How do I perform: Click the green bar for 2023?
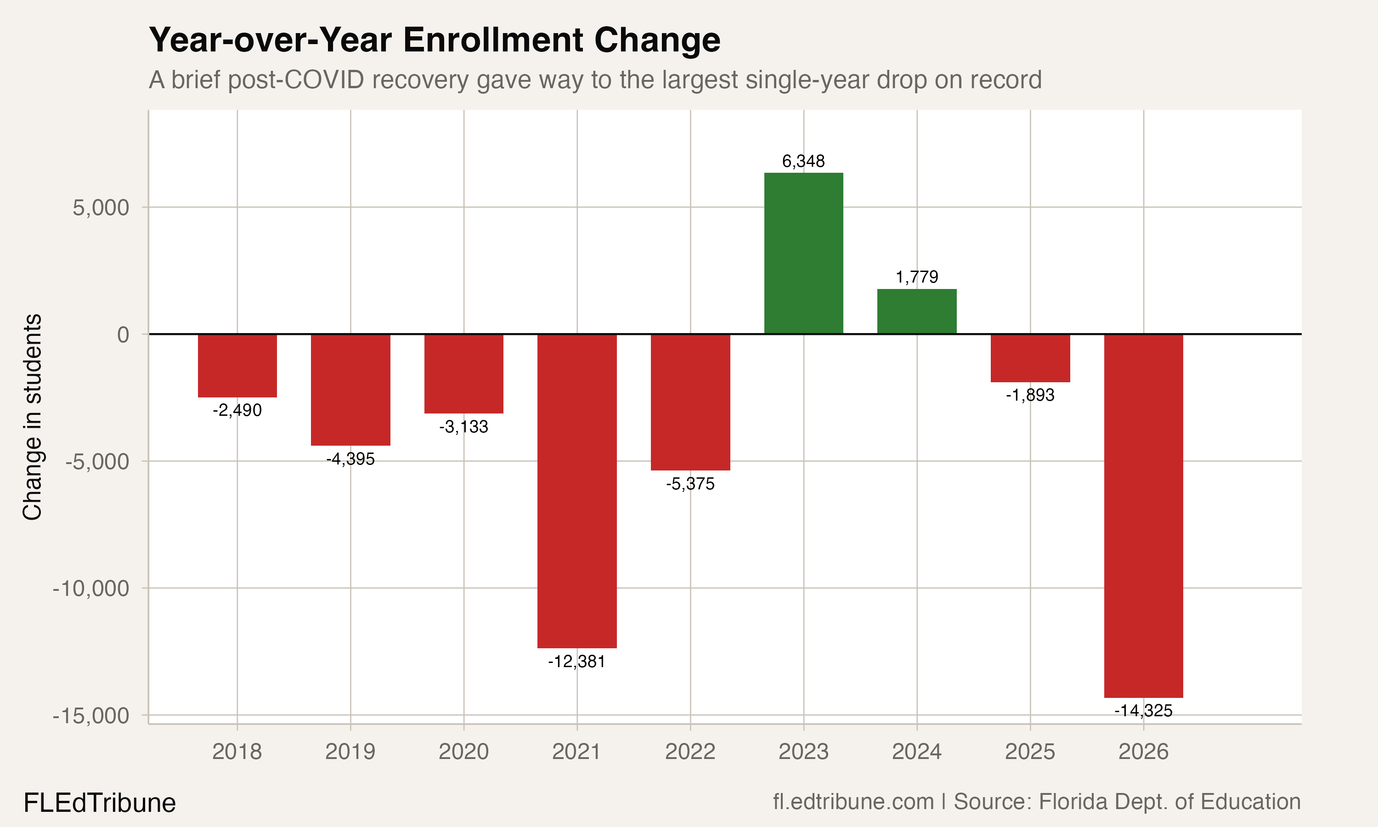pyautogui.click(x=803, y=254)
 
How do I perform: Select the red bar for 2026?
pyautogui.click(x=1143, y=515)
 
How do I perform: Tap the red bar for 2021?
pyautogui.click(x=576, y=490)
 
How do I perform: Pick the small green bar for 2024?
pyautogui.click(x=917, y=312)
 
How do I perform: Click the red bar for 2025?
pyautogui.click(x=1030, y=358)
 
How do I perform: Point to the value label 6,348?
pyautogui.click(x=803, y=162)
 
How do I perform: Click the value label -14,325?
pyautogui.click(x=1143, y=710)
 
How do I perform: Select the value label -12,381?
pyautogui.click(x=576, y=662)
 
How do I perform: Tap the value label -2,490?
pyautogui.click(x=237, y=410)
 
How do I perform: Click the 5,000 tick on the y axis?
pyautogui.click(x=101, y=208)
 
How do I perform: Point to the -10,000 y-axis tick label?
pyautogui.click(x=91, y=589)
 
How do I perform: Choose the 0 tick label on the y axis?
pyautogui.click(x=123, y=334)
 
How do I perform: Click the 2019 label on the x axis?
pyautogui.click(x=350, y=752)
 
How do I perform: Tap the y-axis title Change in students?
pyautogui.click(x=32, y=417)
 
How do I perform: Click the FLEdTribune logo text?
pyautogui.click(x=100, y=803)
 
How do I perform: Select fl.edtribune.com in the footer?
pyautogui.click(x=853, y=801)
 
